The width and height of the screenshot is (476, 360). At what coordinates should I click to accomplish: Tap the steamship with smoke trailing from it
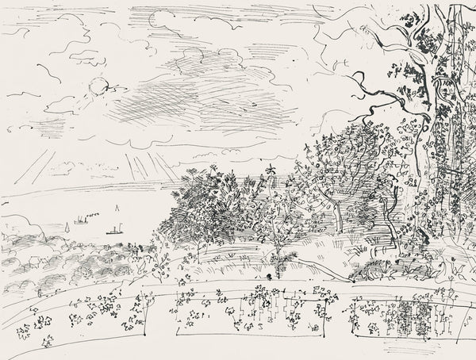click(81, 219)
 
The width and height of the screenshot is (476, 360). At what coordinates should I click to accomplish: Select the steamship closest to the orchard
click(113, 232)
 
